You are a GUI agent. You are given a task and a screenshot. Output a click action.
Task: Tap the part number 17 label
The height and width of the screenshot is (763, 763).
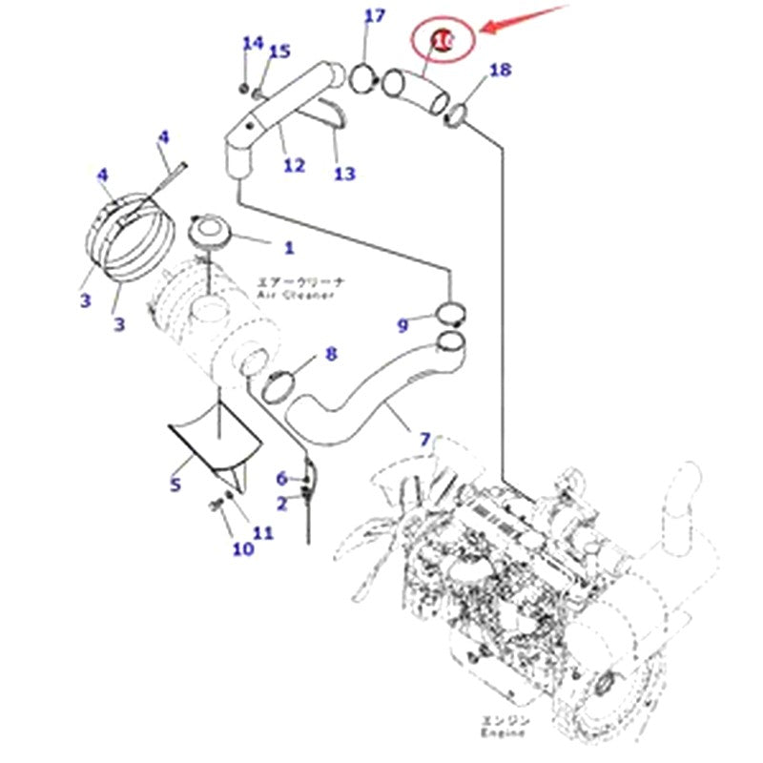[375, 16]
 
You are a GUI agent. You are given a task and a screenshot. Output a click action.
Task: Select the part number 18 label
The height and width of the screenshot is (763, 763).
[500, 70]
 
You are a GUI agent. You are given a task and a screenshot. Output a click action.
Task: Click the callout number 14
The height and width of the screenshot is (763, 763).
[252, 43]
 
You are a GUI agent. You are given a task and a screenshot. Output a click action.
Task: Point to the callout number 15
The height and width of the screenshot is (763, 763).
[278, 52]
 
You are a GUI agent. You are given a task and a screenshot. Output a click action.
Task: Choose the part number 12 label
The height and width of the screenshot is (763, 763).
[294, 165]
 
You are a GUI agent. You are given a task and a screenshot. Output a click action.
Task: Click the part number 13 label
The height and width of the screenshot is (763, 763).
[344, 173]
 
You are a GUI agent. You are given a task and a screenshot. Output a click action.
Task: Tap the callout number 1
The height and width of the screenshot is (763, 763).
[288, 248]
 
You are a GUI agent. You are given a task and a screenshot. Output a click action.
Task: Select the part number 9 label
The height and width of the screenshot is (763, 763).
[402, 326]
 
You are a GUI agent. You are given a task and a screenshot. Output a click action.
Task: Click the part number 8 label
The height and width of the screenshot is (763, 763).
[331, 354]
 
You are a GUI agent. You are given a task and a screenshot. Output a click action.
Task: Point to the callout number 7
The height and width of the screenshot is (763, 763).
[425, 440]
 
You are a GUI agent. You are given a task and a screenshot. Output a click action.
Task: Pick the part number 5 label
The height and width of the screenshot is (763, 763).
[175, 485]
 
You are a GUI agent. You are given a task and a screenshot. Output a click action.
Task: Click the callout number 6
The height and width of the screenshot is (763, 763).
[281, 478]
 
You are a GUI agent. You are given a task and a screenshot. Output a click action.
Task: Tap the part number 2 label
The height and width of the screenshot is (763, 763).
[282, 503]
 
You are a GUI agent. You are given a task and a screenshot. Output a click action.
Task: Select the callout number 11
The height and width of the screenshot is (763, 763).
[263, 533]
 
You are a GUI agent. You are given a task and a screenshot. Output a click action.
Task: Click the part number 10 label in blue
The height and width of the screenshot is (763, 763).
[242, 548]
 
